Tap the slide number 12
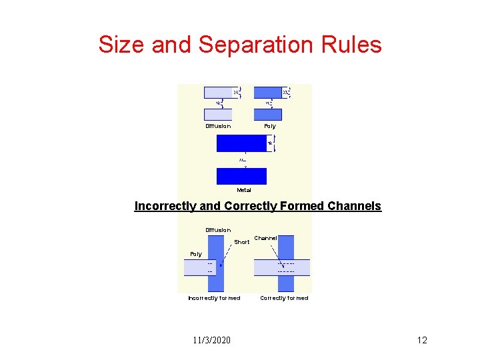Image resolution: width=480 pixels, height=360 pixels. pos(421,341)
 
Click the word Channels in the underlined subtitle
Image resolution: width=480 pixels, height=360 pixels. pos(355,206)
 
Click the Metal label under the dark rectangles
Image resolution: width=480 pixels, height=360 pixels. pos(244,190)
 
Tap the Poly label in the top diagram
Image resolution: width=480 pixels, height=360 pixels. pos(269,126)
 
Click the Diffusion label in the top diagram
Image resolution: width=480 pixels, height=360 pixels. pos(218,126)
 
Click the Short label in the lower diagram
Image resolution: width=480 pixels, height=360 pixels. pos(241,242)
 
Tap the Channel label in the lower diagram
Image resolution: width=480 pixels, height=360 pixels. pos(265,238)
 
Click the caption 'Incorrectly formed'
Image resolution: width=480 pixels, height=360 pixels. pos(214,298)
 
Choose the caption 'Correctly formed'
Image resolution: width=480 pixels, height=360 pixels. pos(284,298)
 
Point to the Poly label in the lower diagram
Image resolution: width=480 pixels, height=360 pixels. pos(196,254)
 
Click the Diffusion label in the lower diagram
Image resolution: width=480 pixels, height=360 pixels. pos(218,230)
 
